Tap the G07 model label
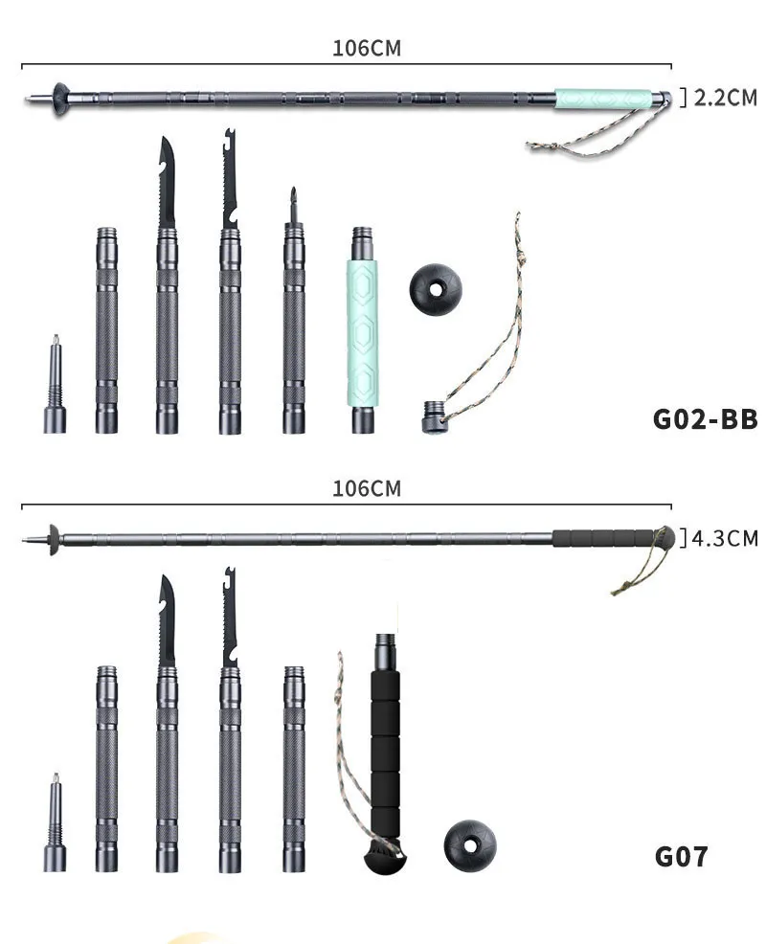click(681, 855)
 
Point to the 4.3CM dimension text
click(724, 537)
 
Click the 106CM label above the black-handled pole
click(367, 488)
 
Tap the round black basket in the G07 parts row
click(470, 844)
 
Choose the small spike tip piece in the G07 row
click(55, 823)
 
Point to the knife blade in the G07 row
click(167, 622)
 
